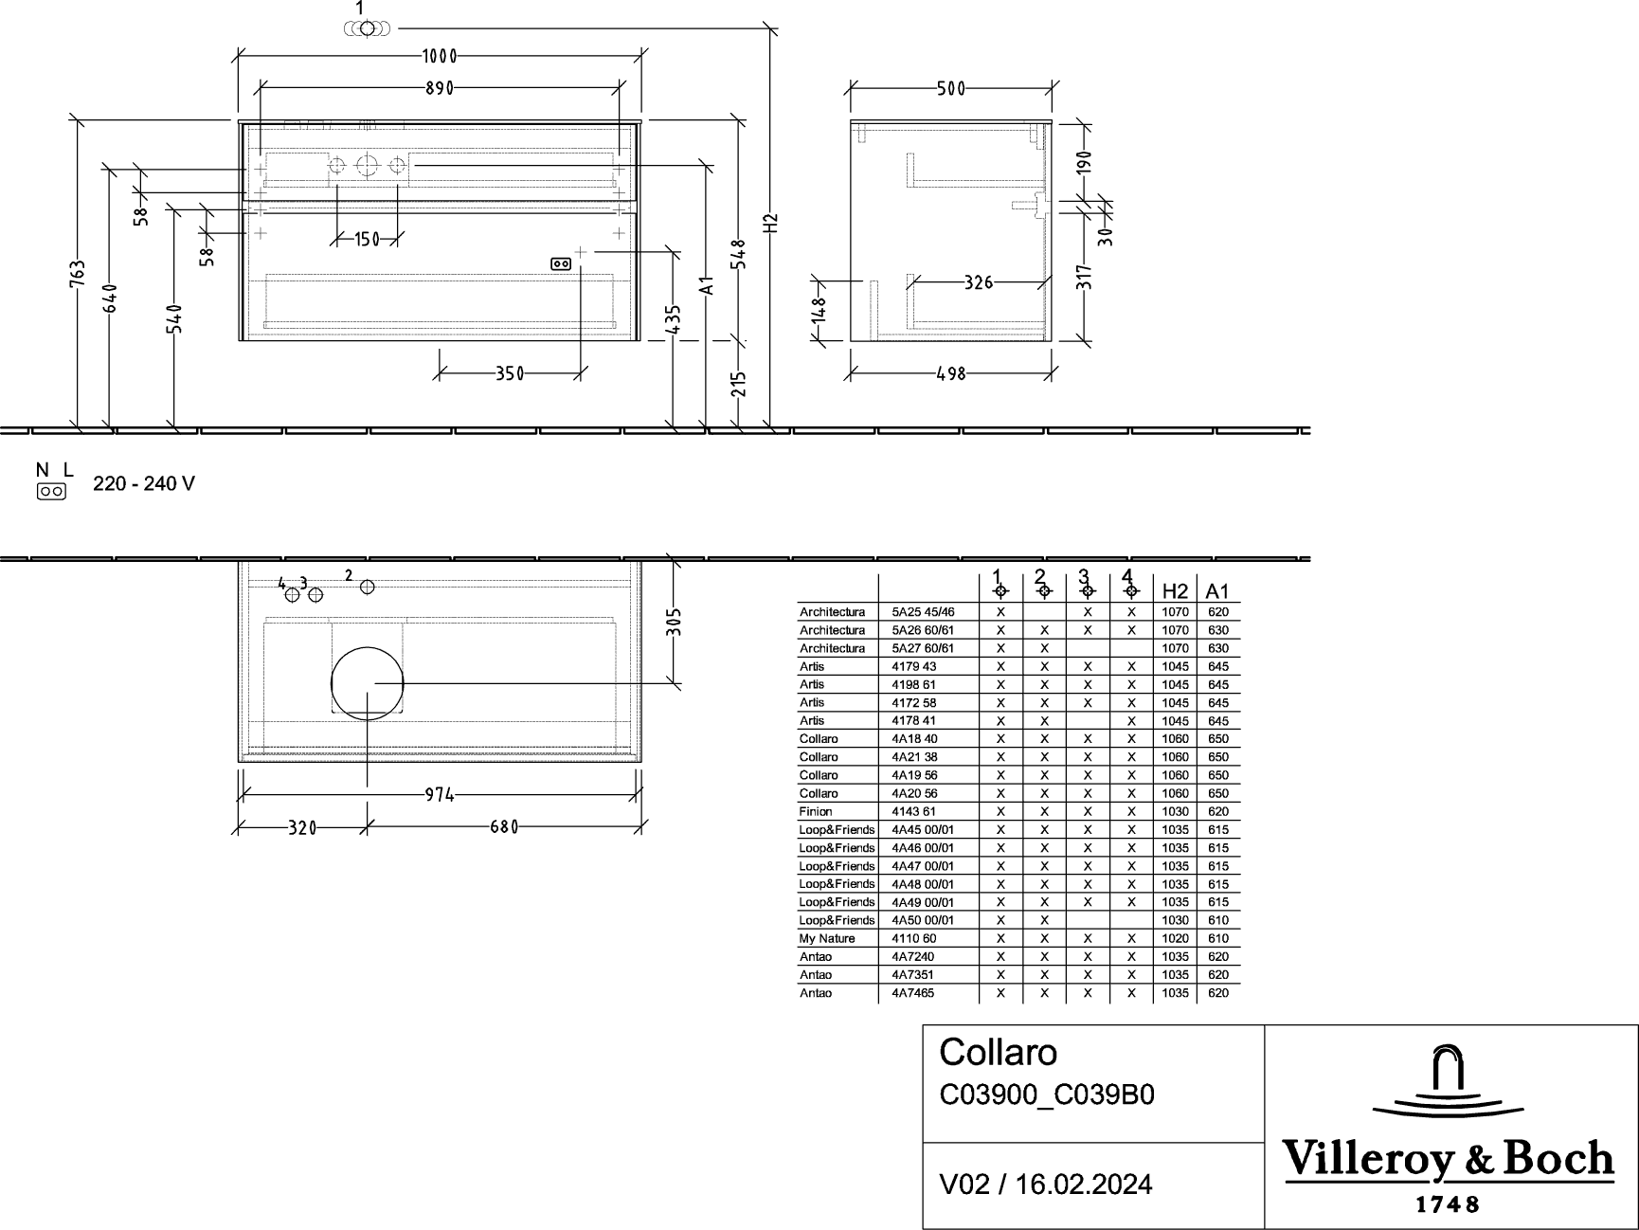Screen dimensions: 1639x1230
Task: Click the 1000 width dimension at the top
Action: [x=440, y=56]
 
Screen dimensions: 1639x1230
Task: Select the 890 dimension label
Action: [x=440, y=88]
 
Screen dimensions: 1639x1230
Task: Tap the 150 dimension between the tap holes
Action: [x=368, y=239]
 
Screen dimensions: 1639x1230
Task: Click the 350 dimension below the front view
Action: [x=510, y=374]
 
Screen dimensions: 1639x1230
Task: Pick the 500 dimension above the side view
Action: [x=950, y=89]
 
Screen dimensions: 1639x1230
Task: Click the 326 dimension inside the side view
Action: [x=979, y=282]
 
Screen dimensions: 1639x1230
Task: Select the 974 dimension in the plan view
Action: [x=440, y=795]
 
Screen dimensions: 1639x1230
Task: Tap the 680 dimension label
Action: [x=504, y=827]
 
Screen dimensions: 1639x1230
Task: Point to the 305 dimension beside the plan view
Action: [x=674, y=622]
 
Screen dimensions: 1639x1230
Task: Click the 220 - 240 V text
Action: [x=144, y=484]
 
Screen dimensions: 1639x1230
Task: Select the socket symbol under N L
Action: [x=51, y=492]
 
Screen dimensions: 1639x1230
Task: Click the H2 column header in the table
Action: [x=1175, y=591]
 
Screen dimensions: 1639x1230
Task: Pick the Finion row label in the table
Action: [x=816, y=812]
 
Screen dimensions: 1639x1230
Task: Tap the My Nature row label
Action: [x=827, y=939]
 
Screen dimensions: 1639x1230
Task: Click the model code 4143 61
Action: [x=914, y=812]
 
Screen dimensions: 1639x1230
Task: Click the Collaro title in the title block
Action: [x=999, y=1053]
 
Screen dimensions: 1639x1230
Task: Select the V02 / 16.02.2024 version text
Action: [x=1046, y=1185]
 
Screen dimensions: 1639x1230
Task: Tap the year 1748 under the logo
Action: [x=1448, y=1204]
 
